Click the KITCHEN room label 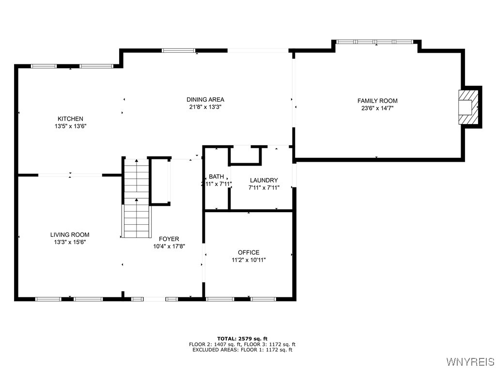tap(70, 119)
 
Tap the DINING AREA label tap(205, 100)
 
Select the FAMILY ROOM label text tap(377, 101)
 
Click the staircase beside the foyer tap(136, 199)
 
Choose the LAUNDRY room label tap(263, 180)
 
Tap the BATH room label tap(216, 177)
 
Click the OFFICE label tap(248, 252)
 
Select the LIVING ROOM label tap(70, 235)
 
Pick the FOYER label tap(169, 239)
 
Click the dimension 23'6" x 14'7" tap(377, 108)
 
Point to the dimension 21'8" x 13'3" tap(205, 107)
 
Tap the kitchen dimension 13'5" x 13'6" tap(70, 126)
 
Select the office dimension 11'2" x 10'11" tap(248, 260)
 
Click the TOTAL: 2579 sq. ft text tap(242, 338)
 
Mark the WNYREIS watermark tap(470, 362)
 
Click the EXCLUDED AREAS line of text tap(242, 350)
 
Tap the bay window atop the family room tap(376, 42)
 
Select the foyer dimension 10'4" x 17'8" tap(169, 246)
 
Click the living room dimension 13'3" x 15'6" tap(70, 242)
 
